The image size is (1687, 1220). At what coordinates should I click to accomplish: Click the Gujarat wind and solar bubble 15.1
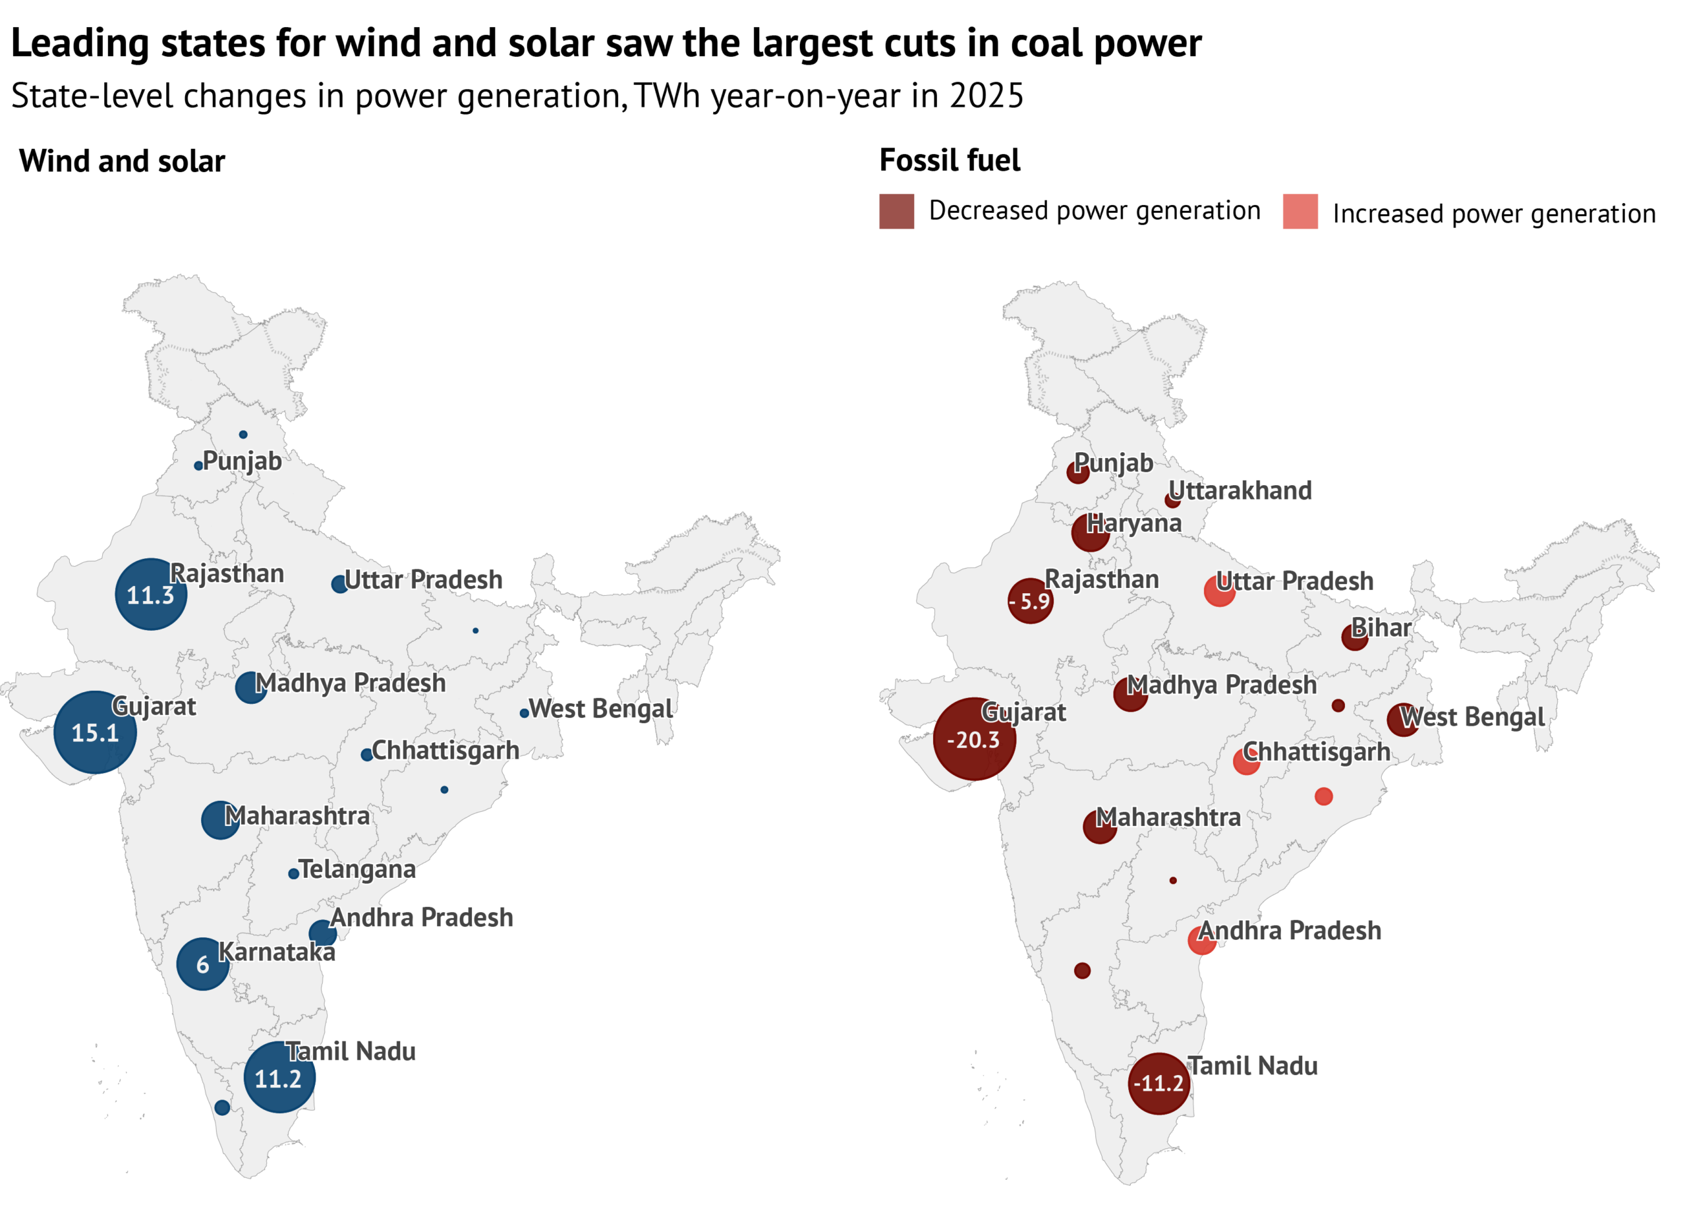pos(95,733)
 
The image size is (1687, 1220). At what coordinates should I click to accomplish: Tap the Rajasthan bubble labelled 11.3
pos(151,595)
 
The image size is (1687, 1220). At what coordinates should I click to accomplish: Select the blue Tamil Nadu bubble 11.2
pos(279,1078)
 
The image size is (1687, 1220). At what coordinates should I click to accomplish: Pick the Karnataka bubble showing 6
pos(203,964)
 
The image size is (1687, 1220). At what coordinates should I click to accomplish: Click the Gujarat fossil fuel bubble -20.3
pos(975,740)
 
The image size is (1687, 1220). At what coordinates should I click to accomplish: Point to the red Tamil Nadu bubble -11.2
pos(1159,1083)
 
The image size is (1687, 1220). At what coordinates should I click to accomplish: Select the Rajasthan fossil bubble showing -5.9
pos(1030,600)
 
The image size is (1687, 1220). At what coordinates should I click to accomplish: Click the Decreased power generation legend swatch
pos(896,212)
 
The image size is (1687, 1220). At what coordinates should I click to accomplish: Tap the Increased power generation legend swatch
pos(1300,212)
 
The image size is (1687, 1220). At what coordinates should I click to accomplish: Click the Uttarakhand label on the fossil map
pos(1240,491)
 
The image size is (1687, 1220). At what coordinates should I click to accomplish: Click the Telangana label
pos(357,869)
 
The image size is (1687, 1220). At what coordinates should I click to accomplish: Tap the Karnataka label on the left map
pos(277,952)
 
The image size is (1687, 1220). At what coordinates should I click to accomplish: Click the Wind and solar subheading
pos(122,161)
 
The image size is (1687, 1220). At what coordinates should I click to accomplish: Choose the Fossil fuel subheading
pos(950,161)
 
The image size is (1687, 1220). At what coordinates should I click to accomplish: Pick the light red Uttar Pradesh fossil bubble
pos(1219,591)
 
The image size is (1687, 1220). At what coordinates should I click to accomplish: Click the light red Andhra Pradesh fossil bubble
pos(1201,941)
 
